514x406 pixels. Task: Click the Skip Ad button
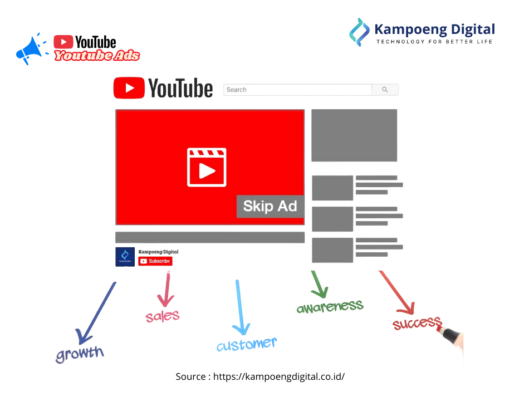pos(270,206)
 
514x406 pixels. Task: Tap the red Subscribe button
pos(155,261)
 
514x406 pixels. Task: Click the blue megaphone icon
pos(30,50)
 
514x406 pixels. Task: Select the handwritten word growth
pos(80,353)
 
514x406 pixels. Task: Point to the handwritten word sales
pos(163,316)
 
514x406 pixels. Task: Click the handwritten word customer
pos(246,345)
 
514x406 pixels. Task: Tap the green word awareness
pos(330,306)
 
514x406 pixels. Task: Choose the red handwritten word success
pos(417,323)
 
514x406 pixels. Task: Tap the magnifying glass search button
pos(385,90)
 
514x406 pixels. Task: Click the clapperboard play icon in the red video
pos(207,168)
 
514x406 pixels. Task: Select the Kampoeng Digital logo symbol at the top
pos(359,31)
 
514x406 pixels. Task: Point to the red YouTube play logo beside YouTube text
pos(129,88)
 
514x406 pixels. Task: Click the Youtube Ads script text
pos(97,56)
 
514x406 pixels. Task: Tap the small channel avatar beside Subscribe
pos(125,257)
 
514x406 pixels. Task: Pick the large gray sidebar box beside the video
pos(354,135)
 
